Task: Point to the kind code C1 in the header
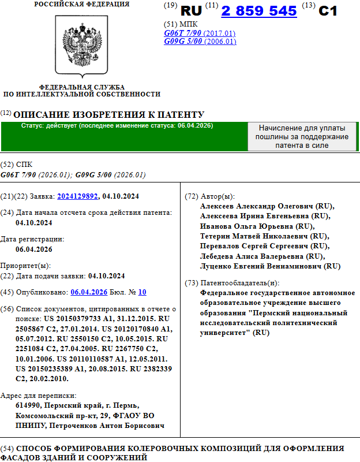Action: coord(328,10)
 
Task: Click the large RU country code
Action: coord(192,11)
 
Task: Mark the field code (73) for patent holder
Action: coord(191,283)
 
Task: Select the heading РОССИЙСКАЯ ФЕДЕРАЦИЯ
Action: coord(81,4)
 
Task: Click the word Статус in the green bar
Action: coord(33,126)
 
